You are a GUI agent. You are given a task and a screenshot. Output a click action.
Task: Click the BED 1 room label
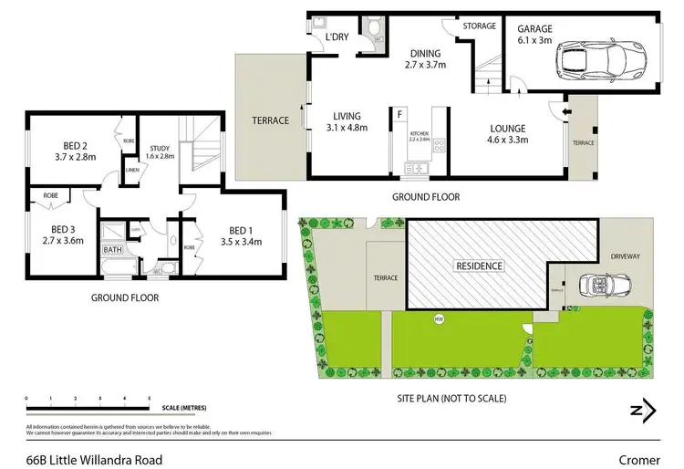[x=241, y=235]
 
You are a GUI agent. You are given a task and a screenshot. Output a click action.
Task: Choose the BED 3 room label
[x=64, y=234]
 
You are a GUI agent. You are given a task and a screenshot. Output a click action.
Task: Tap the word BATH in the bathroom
[x=113, y=249]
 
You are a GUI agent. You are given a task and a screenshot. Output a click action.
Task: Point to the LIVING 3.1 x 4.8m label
[x=347, y=122]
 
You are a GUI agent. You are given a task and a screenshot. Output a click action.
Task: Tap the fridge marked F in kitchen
[x=399, y=114]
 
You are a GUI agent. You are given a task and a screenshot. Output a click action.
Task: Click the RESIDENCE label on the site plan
[x=479, y=266]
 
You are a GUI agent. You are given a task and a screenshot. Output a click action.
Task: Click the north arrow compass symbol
[x=644, y=410]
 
